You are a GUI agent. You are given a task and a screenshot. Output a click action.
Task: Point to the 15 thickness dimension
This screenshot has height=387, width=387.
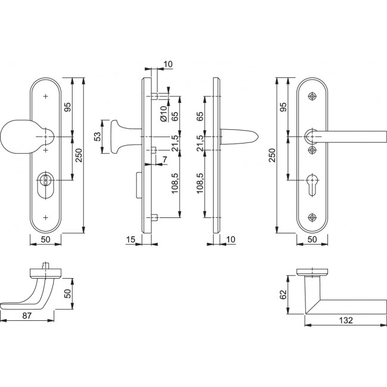pos(130,239)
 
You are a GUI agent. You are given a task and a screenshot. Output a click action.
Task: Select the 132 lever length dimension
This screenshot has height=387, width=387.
pos(345,320)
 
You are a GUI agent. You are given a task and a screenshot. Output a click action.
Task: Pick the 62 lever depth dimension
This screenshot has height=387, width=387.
pos(283,295)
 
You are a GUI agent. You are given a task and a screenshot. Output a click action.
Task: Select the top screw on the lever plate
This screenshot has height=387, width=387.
pos(312,96)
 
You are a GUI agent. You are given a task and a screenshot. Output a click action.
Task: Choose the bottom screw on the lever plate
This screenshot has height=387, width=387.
pos(312,217)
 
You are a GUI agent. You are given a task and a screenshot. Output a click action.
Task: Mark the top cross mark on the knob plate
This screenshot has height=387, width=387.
pos(45,96)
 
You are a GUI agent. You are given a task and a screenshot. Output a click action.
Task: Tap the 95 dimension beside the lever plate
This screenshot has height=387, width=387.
pos(283,107)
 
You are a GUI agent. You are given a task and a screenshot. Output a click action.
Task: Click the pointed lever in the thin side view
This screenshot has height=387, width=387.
pos(241,138)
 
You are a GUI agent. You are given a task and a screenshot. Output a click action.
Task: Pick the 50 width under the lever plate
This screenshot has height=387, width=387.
pos(311,239)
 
